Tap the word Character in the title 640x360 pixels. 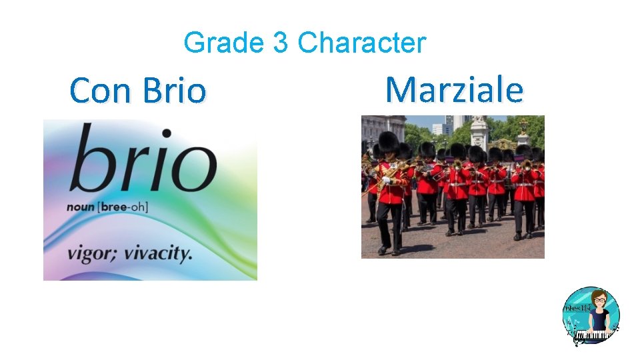point(361,43)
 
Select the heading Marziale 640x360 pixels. point(454,89)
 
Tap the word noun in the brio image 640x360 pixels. point(80,207)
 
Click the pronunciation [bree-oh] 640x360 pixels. point(123,207)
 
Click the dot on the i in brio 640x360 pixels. point(166,134)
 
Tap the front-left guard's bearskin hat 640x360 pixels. point(389,142)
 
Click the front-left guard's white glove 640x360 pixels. point(385,180)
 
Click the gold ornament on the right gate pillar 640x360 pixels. point(524,124)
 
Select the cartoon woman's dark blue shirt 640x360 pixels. point(597,320)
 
